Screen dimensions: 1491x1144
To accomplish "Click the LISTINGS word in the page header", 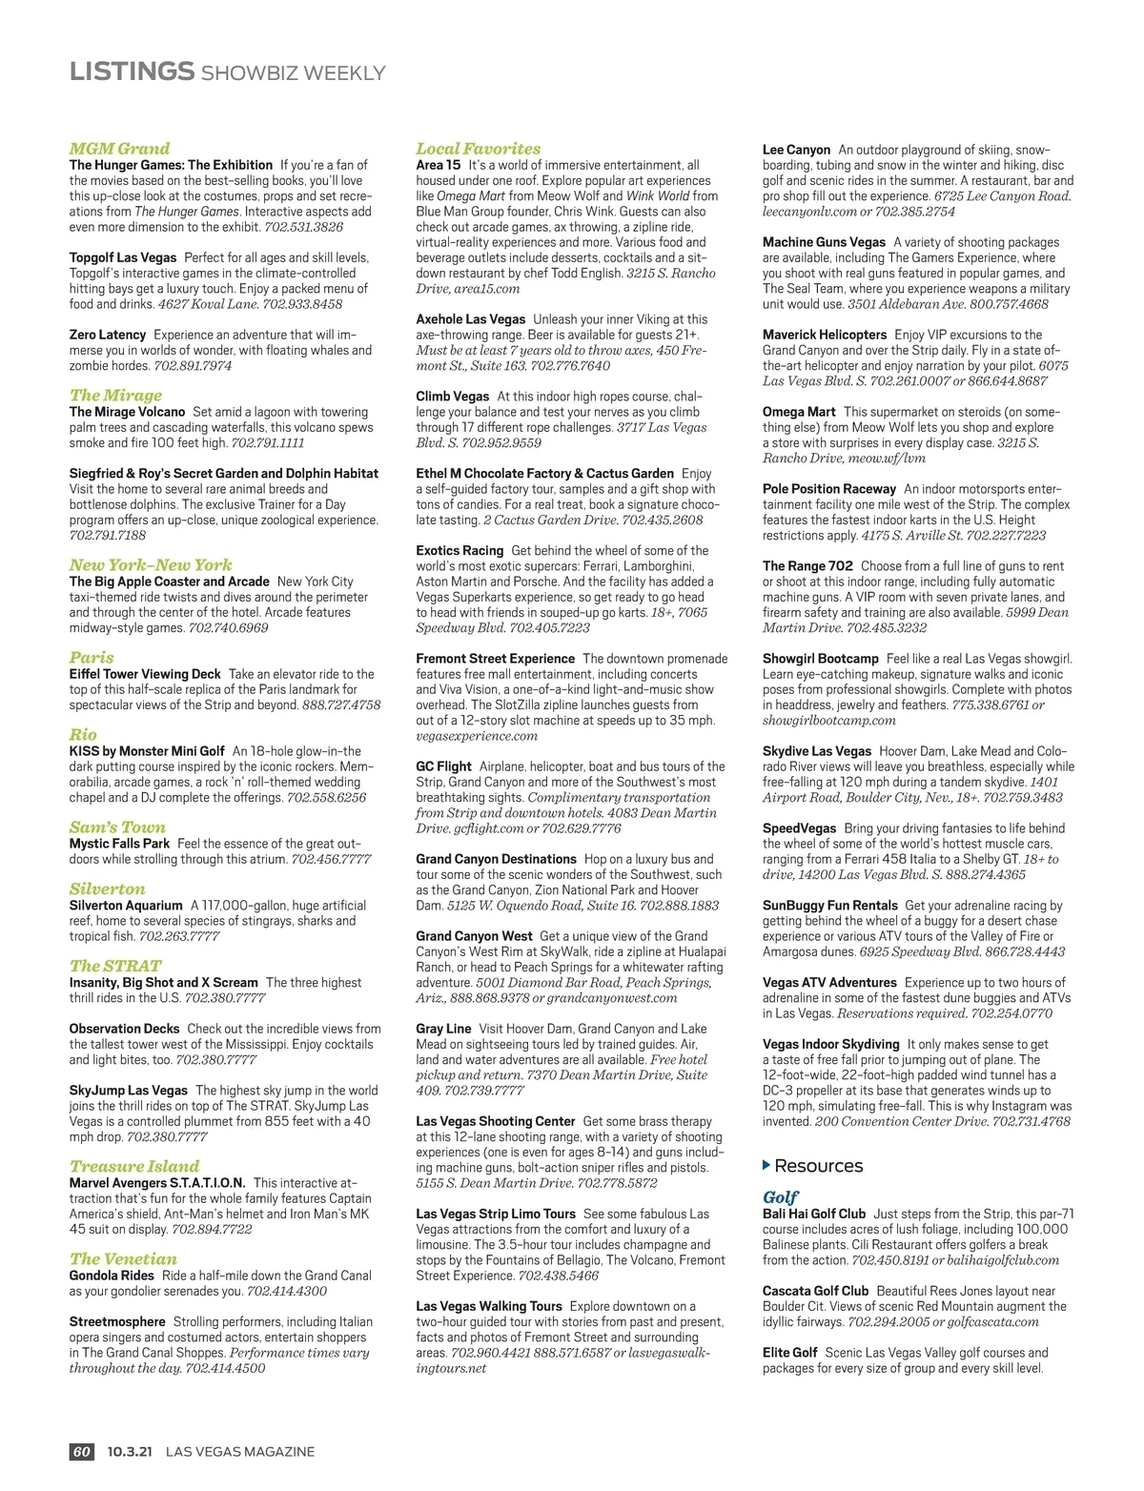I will [x=132, y=71].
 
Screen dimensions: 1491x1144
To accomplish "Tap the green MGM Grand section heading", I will [x=119, y=149].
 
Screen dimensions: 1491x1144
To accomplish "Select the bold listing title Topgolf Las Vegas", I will [x=123, y=257].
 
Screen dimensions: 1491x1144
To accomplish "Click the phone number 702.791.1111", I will [x=268, y=443].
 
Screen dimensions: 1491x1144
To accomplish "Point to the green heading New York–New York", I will [x=151, y=564].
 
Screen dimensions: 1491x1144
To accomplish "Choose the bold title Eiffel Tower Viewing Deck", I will [x=145, y=674].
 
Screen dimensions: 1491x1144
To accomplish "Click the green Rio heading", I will [x=83, y=734].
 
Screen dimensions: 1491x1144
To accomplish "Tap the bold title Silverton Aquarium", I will [x=126, y=906].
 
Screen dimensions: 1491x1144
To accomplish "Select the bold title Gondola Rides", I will [x=112, y=1276].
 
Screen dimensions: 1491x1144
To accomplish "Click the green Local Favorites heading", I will [x=478, y=149].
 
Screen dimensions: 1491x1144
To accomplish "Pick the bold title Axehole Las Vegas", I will [x=471, y=319].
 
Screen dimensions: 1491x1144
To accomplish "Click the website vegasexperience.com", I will [x=477, y=736].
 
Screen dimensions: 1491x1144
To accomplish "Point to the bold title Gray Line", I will [x=443, y=1029].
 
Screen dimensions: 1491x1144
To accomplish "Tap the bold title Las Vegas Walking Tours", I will [x=489, y=1306].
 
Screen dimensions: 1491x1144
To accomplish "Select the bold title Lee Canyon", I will [x=796, y=150].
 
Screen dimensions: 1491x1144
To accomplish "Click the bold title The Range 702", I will [x=807, y=566].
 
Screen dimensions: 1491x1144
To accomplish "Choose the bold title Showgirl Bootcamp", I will [x=820, y=659].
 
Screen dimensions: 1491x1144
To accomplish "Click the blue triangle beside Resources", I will [x=767, y=1165].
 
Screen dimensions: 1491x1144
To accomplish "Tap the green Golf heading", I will [x=780, y=1196].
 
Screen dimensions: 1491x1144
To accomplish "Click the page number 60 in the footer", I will [x=81, y=1452].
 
